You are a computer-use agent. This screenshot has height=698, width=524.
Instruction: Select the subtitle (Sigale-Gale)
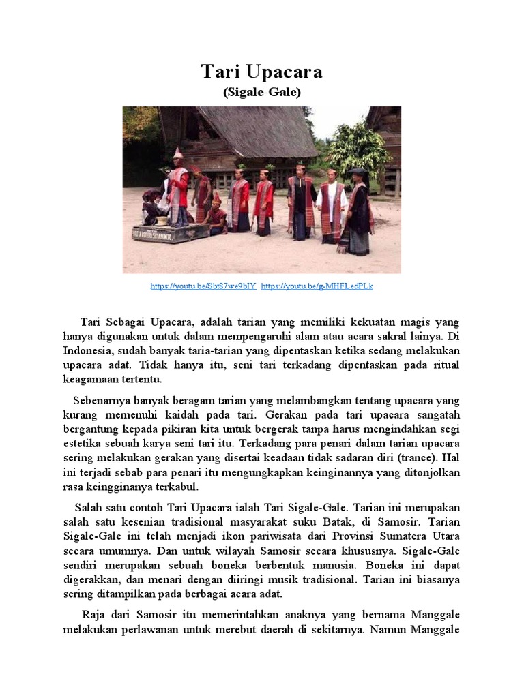pos(262,93)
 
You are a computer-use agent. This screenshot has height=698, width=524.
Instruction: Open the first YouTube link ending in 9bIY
pos(203,286)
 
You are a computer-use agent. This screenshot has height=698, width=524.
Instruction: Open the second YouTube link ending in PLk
pos(317,286)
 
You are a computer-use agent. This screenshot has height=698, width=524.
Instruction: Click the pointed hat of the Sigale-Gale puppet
pos(177,153)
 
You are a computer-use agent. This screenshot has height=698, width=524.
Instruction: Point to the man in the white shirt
pos(332,204)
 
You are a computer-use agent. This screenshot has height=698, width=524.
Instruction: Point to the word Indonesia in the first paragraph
pos(85,350)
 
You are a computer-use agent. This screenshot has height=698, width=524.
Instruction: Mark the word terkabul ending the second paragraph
pos(177,487)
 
